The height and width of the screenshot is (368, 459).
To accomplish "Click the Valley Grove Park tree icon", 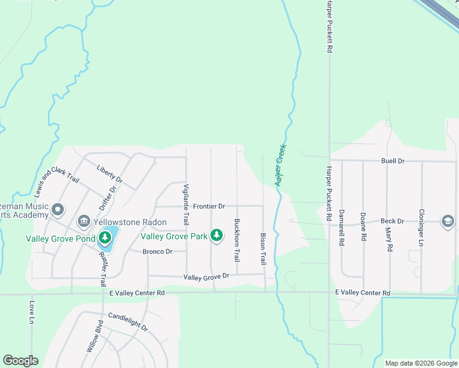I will tap(216, 235).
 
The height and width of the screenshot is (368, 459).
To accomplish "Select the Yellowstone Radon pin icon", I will tap(83, 220).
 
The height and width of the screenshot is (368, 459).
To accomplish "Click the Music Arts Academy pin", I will tap(58, 210).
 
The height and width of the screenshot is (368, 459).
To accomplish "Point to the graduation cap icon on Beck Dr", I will tap(448, 221).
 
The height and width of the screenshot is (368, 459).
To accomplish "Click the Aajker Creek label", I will tap(281, 165).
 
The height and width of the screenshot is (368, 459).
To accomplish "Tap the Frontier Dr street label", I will tap(209, 207).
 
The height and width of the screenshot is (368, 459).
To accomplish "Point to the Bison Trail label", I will tap(263, 248).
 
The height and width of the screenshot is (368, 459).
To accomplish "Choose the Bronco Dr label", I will tap(157, 251).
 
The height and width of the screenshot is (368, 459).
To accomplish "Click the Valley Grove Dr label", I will tap(206, 278).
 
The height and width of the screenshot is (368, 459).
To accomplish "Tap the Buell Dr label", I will tap(393, 161).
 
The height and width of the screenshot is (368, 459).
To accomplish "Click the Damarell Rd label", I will tap(342, 230).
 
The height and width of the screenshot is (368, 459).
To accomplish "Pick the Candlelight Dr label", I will tap(128, 322).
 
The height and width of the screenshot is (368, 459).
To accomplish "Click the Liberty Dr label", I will tap(110, 174).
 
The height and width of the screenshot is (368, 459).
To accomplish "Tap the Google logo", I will tap(20, 361).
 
